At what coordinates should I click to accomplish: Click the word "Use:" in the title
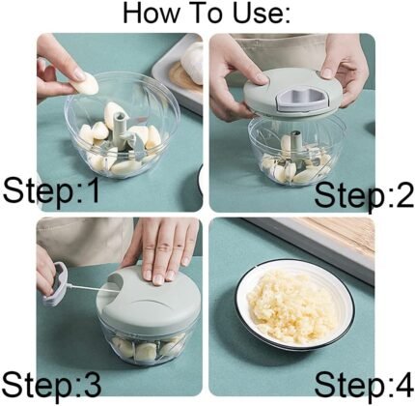pyautogui.click(x=262, y=13)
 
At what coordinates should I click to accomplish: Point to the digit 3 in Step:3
pyautogui.click(x=93, y=384)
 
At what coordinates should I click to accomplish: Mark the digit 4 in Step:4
pyautogui.click(x=404, y=384)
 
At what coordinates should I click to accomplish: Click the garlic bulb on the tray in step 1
pyautogui.click(x=192, y=63)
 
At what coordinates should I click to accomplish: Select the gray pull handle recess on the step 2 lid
pyautogui.click(x=302, y=100)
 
